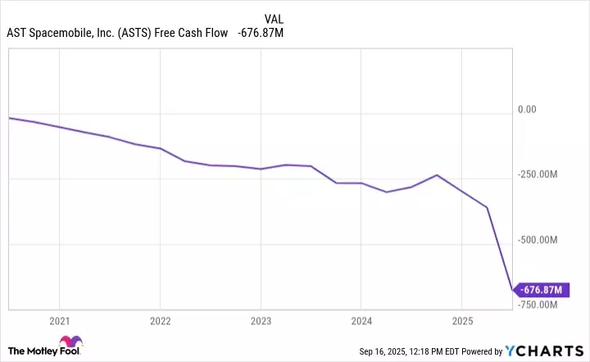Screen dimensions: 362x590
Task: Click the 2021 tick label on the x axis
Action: (59, 320)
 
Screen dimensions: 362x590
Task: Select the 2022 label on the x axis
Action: (160, 320)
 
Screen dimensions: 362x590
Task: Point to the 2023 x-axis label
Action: (261, 320)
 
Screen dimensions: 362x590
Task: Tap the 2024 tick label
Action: (361, 320)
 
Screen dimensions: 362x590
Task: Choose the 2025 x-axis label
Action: (462, 320)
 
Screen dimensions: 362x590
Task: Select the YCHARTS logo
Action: (551, 351)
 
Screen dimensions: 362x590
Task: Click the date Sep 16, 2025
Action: (383, 351)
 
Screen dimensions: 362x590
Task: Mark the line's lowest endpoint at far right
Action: (512, 290)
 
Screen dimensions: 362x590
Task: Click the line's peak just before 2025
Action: (437, 175)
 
